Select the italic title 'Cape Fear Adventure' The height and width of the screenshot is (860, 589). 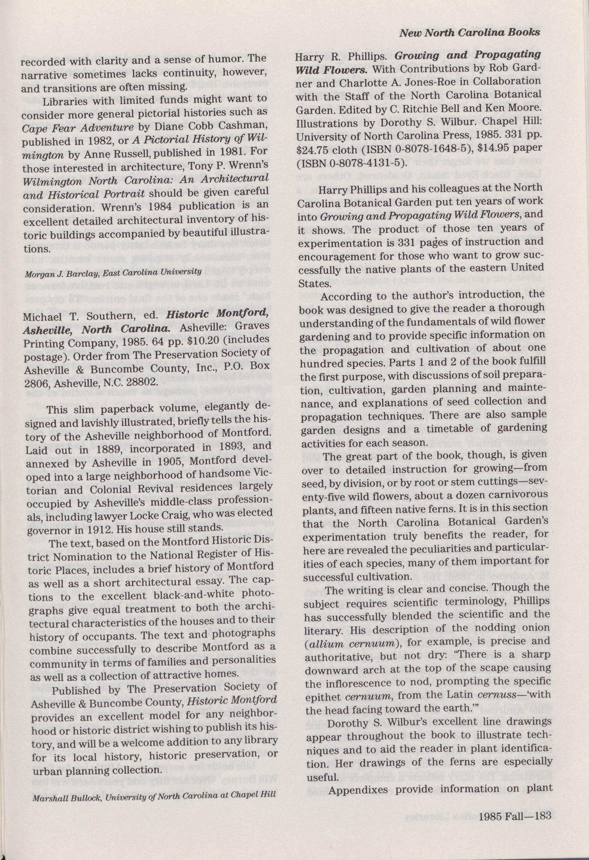(x=77, y=128)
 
